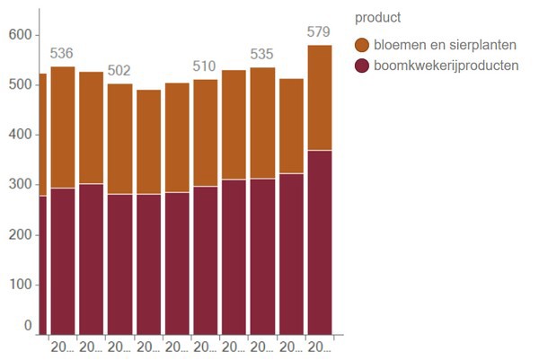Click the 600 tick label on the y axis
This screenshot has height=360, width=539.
point(20,35)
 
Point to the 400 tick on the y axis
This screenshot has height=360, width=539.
point(20,135)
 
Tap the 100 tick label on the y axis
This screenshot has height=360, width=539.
point(20,285)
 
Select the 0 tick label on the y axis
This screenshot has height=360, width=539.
point(28,326)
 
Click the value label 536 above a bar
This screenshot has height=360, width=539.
point(62,52)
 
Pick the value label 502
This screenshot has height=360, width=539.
point(119,70)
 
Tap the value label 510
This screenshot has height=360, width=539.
point(206,66)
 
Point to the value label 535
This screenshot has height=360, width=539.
point(262,53)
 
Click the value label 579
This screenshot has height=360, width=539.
point(320,31)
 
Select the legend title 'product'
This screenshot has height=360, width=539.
point(377,17)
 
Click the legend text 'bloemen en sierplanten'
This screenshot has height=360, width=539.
point(439,45)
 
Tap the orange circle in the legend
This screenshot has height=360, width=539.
point(363,45)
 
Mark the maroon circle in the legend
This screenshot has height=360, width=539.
point(363,66)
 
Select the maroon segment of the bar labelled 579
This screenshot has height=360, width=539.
point(320,242)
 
